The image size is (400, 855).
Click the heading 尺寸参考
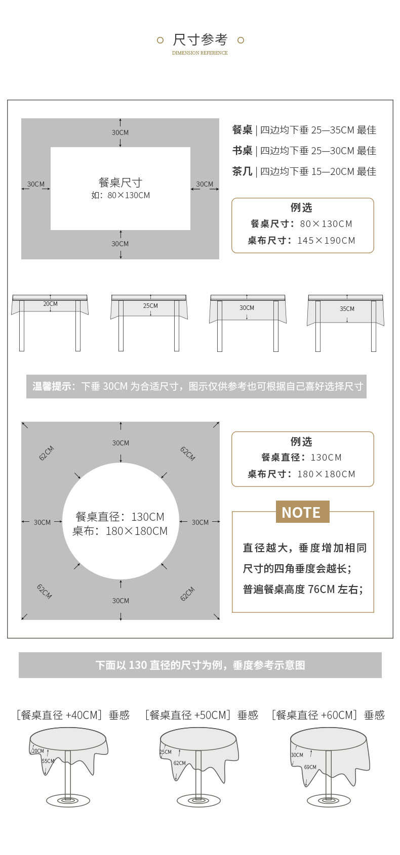coord(200,39)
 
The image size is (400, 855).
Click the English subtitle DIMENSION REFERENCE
coord(200,53)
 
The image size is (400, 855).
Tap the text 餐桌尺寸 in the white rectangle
coord(120,183)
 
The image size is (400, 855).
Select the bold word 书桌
coord(242,151)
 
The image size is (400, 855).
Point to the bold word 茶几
coord(242,171)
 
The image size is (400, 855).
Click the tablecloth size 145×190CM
coord(326,241)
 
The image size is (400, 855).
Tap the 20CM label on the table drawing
coord(50,304)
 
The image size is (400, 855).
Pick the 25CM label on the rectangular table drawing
coord(150,306)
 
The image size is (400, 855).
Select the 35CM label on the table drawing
coord(347,309)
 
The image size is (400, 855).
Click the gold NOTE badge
coord(302,512)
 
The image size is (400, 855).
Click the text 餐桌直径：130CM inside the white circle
coord(120,517)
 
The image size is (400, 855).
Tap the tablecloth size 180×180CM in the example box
coord(326,474)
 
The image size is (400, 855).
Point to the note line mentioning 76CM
coord(303,590)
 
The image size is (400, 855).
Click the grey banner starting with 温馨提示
coord(196,386)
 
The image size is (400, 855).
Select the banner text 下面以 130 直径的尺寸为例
coord(200,665)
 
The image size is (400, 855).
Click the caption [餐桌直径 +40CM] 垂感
coord(73,715)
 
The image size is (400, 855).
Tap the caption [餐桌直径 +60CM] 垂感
coord(328,715)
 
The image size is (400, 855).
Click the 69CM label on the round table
coord(310,767)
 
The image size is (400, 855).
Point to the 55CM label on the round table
coord(48,761)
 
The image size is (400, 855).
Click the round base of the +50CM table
coord(198,800)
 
